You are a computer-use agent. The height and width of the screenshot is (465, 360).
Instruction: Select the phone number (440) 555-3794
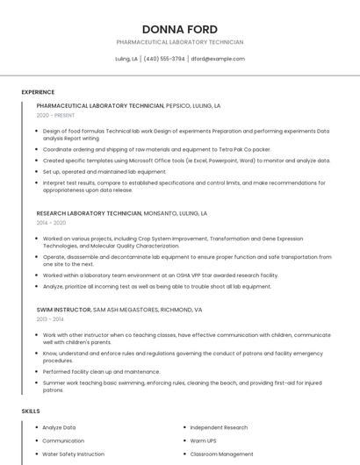click(164, 59)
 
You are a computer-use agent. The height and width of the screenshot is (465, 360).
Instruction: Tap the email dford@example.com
click(218, 59)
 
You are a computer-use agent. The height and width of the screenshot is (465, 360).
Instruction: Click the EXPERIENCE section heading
click(38, 92)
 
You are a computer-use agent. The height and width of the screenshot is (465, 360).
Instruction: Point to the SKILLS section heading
click(31, 411)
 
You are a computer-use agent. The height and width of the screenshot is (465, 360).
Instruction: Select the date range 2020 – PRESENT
click(56, 115)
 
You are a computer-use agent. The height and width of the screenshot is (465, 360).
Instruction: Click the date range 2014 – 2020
click(51, 223)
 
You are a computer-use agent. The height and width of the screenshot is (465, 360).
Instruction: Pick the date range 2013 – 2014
click(51, 319)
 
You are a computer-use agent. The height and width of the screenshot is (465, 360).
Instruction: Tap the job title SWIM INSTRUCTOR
click(63, 310)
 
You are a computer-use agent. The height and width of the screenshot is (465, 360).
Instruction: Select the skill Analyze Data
click(59, 427)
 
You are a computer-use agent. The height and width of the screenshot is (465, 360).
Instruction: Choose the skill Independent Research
click(220, 427)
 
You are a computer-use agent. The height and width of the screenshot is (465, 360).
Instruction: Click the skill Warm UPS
click(204, 440)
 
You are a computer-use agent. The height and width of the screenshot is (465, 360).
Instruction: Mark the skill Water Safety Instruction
click(73, 454)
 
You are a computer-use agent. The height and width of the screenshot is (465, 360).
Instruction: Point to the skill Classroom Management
click(221, 454)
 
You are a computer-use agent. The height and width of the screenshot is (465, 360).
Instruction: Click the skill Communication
click(63, 440)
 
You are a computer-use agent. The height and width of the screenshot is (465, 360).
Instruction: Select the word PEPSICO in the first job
click(180, 105)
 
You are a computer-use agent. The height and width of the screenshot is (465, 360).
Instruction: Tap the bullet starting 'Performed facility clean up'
click(102, 371)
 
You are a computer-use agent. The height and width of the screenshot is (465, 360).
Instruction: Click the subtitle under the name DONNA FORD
click(180, 42)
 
